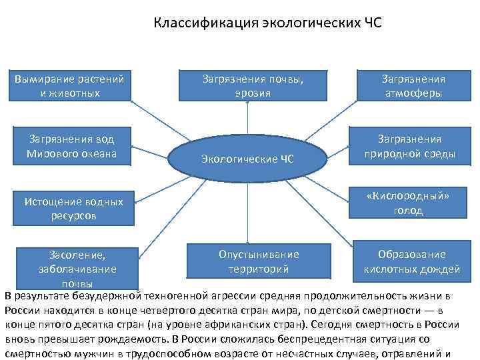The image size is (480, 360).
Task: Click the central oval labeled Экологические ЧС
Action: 247,158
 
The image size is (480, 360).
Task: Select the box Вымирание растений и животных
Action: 70,86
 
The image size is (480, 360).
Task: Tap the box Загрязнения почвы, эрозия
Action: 253,86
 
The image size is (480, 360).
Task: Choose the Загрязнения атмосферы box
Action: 413,86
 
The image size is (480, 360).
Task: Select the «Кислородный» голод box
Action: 408,204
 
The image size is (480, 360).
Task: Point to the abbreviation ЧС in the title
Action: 371,24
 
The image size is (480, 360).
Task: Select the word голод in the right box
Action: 408,211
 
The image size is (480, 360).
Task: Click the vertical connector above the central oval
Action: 247,120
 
